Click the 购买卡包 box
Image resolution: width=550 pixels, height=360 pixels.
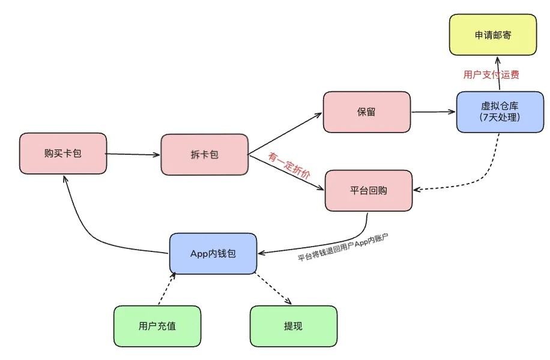tap(62, 154)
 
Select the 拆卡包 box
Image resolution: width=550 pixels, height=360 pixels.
tap(204, 155)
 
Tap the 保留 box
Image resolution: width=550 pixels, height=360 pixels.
tap(366, 112)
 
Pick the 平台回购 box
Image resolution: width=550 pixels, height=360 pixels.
tap(368, 191)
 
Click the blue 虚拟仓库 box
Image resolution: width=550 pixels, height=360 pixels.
tap(499, 112)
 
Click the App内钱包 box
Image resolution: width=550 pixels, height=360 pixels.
tap(213, 254)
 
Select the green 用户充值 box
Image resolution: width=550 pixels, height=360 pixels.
tap(157, 326)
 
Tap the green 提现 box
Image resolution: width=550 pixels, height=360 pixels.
tap(293, 326)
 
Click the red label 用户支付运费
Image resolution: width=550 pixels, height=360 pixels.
tap(491, 75)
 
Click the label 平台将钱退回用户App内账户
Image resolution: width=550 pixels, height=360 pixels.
tap(343, 248)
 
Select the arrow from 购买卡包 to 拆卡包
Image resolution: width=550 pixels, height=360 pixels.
tap(133, 154)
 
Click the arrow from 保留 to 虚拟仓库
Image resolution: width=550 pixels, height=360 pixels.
tap(433, 112)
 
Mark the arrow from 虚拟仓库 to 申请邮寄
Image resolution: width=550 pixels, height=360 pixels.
tap(497, 73)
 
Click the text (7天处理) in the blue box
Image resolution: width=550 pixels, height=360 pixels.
tap(499, 117)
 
